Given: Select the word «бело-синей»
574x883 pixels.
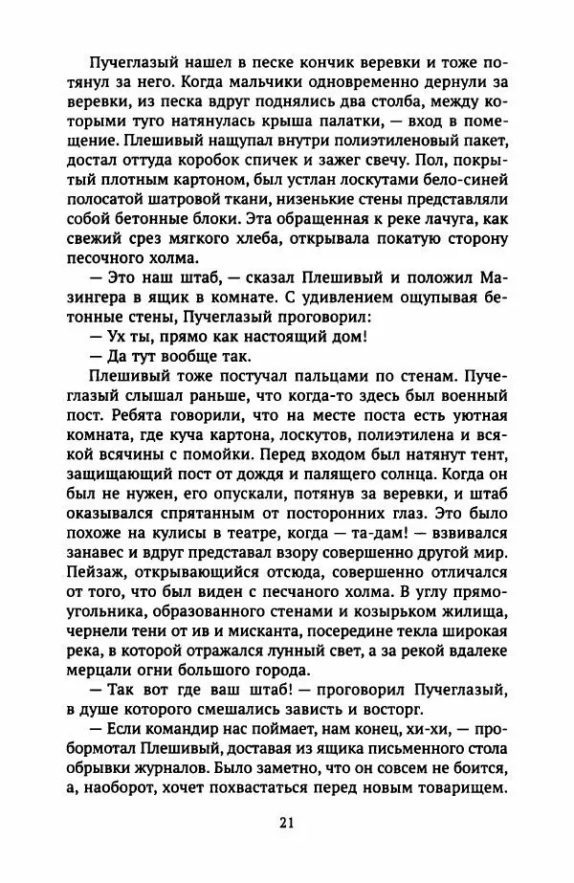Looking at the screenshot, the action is (x=464, y=185).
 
